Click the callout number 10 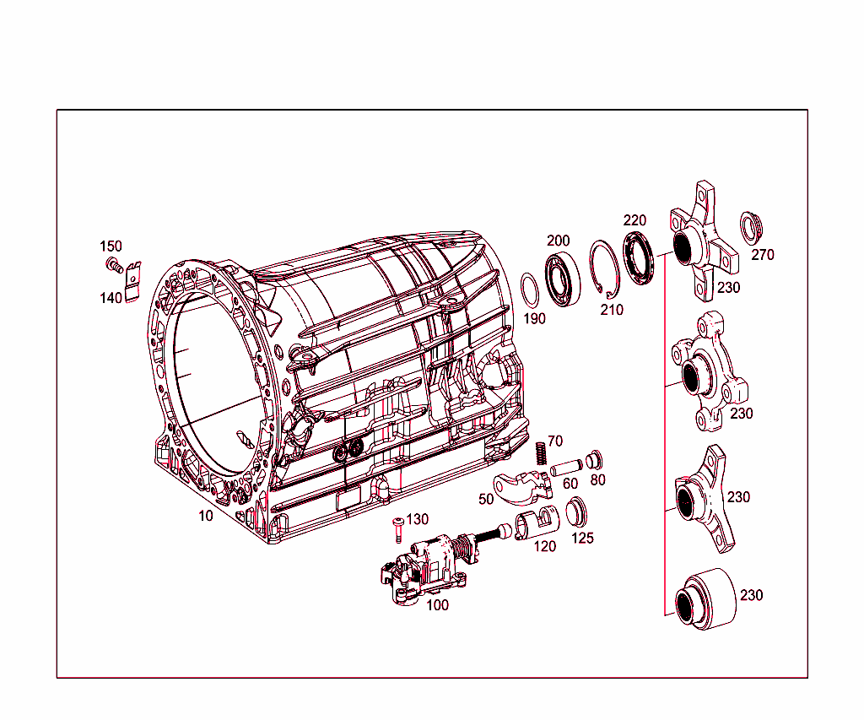206,516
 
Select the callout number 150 111,246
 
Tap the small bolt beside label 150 111,266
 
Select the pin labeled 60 564,465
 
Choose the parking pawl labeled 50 520,488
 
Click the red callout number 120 545,546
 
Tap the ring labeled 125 576,512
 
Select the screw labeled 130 397,528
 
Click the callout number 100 437,604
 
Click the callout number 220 634,220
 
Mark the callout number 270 763,255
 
